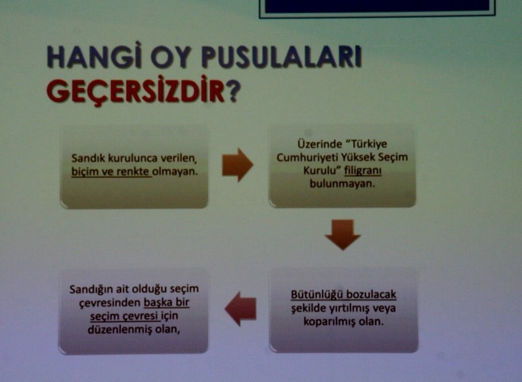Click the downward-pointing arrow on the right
point(343,234)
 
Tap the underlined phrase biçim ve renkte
point(111,171)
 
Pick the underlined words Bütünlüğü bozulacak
point(343,295)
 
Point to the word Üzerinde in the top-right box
point(315,145)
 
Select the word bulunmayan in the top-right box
point(342,185)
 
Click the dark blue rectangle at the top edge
point(377,6)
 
